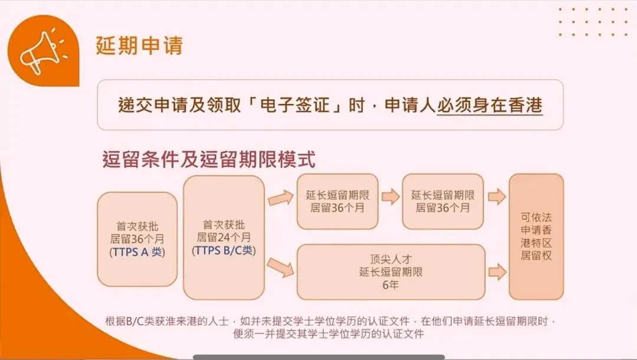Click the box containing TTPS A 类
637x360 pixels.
coord(137,239)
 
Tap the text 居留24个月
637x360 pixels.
coord(224,238)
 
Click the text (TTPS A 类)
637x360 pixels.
coord(137,252)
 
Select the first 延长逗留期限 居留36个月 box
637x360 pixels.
coord(337,201)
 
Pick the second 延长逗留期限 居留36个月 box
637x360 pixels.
coord(442,201)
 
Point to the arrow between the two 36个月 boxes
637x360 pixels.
coord(390,197)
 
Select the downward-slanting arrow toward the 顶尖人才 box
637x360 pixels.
coord(280,267)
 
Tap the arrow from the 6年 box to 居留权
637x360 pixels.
coord(497,271)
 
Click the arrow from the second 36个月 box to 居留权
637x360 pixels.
coord(497,197)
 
